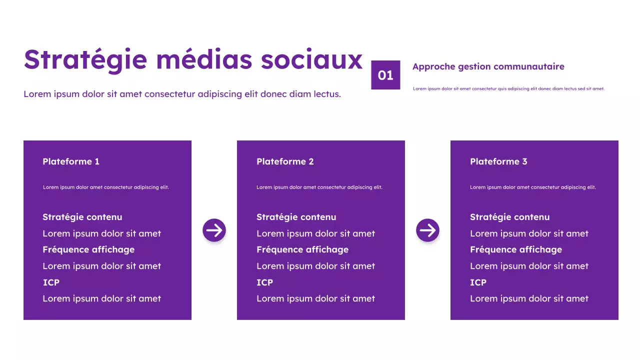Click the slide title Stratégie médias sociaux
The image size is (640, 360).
[193, 59]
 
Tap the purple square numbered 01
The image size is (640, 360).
[385, 75]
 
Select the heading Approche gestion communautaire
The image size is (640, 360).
[488, 66]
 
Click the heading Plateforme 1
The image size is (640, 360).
[71, 161]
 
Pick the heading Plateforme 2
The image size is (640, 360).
[285, 161]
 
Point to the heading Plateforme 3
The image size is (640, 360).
[498, 161]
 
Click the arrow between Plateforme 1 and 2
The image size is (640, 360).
[214, 230]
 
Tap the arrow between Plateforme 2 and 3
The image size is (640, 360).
[427, 230]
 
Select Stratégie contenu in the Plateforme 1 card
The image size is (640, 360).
[82, 217]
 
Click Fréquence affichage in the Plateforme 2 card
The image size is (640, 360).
[302, 249]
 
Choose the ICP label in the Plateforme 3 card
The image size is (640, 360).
[478, 282]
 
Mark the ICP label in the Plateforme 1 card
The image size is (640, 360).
[51, 282]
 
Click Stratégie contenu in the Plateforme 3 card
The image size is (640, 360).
[509, 217]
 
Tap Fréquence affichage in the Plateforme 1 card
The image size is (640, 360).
[88, 249]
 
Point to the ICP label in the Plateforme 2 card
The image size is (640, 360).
[264, 282]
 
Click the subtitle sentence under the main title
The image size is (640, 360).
[182, 94]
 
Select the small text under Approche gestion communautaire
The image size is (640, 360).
[508, 89]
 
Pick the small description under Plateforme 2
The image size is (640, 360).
[319, 187]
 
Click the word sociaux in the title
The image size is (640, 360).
[311, 59]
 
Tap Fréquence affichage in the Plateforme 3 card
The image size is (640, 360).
[516, 249]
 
